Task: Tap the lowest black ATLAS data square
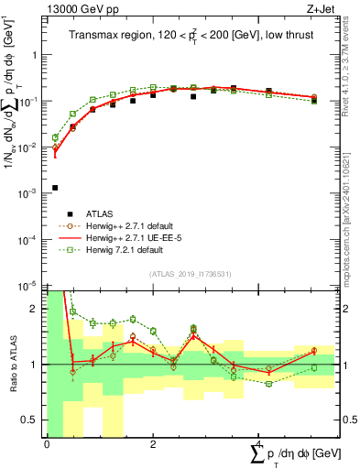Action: (x=55, y=188)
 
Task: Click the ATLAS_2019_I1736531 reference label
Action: (x=189, y=274)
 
